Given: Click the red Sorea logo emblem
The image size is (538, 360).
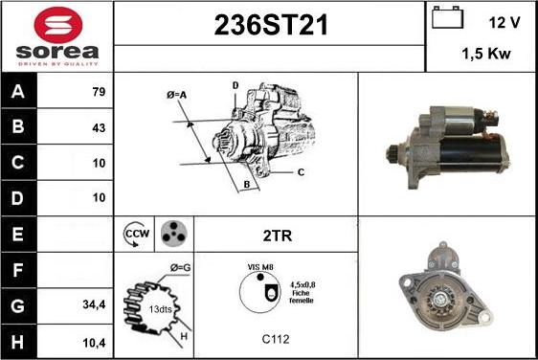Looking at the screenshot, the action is coord(58,24).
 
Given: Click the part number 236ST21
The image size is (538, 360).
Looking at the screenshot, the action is coord(271,25).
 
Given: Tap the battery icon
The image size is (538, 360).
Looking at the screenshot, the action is coord(447,17).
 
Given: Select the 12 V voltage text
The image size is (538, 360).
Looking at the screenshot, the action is coord(504,23).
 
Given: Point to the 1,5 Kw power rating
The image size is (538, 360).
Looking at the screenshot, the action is coord(486,54).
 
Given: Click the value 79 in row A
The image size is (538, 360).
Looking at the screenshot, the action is coord(99,92).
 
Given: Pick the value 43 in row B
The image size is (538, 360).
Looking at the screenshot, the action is coord(99,127).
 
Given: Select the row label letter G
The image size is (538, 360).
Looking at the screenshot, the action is coord(17,305).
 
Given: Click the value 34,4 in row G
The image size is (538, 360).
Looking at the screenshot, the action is coord(94,304).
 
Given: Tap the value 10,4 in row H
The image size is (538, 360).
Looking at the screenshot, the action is coord(94,343).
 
